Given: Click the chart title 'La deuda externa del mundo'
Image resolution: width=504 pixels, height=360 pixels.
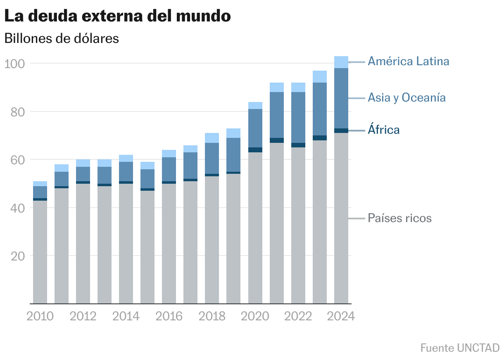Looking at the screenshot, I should tap(117, 16).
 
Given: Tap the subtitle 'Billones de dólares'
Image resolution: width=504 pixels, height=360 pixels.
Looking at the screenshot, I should tap(62, 38).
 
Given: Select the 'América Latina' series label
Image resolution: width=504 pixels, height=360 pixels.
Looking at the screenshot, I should tap(408, 62).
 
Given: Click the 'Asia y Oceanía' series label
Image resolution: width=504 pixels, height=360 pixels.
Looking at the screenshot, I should tap(407, 97).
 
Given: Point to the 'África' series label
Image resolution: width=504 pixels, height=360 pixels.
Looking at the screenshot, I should tap(383, 130).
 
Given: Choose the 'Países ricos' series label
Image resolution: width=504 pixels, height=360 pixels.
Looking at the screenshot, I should tap(399, 218).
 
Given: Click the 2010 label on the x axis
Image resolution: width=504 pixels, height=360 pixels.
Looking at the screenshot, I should tap(40, 316).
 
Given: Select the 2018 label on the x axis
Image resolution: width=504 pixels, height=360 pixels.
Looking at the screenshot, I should tap(212, 316).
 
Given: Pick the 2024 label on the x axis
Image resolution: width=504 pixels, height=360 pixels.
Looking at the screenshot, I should tap(341, 316).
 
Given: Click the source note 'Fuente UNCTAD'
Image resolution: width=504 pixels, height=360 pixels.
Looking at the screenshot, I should tap(460, 348).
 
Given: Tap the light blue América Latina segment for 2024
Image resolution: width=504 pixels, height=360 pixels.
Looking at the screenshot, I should tap(341, 62).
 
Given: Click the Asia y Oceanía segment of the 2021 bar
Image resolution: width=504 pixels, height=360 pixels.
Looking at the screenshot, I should tap(277, 115).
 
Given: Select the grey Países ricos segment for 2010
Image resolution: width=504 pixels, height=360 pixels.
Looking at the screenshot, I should tap(40, 252).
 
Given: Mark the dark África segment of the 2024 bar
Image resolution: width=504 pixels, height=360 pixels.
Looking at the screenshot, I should tap(341, 130).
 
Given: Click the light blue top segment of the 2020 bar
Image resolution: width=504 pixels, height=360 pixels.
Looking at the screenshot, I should tap(255, 105).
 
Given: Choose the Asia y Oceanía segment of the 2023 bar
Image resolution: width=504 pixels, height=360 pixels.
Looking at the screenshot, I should tap(320, 109).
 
